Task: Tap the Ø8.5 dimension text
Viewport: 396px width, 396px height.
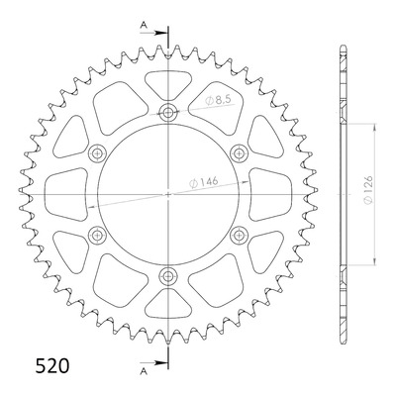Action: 217,101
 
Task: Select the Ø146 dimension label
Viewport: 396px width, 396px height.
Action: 204,182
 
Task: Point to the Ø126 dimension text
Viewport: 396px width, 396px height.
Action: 368,190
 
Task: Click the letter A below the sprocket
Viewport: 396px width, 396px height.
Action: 144,371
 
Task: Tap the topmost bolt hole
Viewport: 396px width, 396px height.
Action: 168,113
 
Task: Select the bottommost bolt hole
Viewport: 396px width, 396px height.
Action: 168,275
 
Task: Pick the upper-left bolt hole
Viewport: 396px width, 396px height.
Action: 98,153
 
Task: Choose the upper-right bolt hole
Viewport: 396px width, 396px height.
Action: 239,153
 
